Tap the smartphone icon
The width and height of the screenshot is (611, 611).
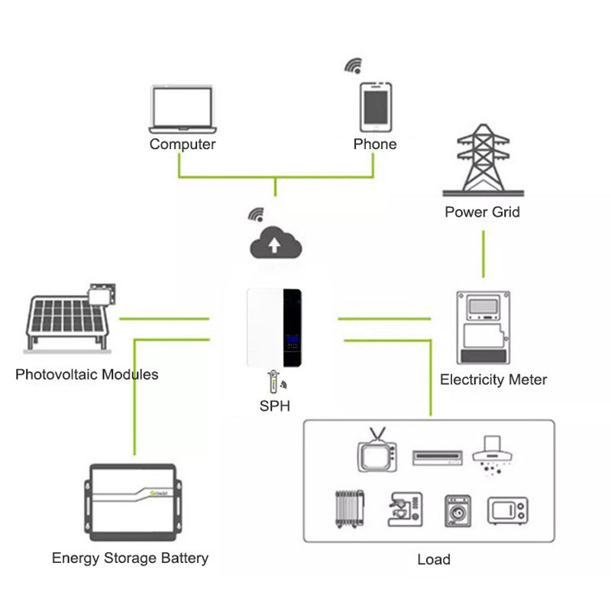(374, 107)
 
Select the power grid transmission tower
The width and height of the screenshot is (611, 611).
(482, 160)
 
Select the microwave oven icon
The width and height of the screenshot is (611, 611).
(507, 511)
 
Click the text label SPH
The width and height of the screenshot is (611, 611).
(275, 406)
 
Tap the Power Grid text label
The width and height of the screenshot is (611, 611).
(482, 212)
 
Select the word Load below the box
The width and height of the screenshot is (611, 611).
(433, 559)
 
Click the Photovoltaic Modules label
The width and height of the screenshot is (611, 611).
(87, 374)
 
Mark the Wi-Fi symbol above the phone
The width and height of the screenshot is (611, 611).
(353, 65)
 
